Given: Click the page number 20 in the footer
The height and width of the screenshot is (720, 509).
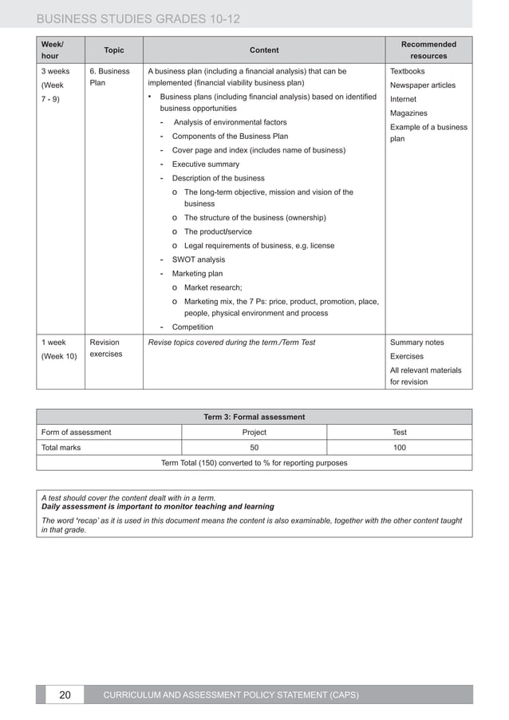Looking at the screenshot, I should (65, 695).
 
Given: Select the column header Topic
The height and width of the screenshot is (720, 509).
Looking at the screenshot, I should (114, 50).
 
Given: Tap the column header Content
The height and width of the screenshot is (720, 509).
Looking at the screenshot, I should (264, 50).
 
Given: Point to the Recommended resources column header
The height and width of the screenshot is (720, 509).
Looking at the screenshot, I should (429, 50).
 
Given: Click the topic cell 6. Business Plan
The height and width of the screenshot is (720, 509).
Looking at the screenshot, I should (109, 77).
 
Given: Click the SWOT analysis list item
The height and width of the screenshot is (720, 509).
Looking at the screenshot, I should (198, 259).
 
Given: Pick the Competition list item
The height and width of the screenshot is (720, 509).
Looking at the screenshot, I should (192, 327).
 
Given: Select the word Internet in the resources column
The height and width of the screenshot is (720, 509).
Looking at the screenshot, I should (403, 100).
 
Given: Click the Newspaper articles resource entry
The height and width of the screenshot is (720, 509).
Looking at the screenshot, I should (422, 85).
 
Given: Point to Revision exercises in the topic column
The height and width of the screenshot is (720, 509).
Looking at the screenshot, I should (106, 348).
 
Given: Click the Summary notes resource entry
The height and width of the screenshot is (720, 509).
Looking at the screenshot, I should (416, 342).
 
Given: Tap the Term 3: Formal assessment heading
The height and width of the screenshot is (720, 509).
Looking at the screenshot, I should (254, 417).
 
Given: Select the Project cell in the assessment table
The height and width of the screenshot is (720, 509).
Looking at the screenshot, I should (254, 433).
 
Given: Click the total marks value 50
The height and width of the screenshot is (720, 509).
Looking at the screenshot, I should (254, 448).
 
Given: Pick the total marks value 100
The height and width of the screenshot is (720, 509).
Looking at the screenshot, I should (399, 448).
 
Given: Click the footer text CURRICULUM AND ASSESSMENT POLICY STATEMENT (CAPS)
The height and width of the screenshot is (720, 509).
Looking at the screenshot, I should (231, 695).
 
